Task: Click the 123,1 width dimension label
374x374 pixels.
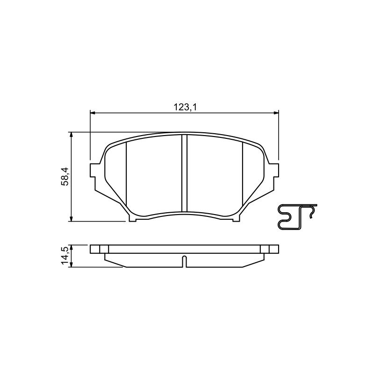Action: pos(185,108)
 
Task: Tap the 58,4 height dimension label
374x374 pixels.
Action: pos(65,176)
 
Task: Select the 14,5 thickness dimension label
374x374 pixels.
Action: pos(65,256)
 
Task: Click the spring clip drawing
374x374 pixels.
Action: pos(297,217)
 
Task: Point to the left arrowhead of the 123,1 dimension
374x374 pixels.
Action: pos(93,113)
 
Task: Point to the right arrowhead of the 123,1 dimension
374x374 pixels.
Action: pos(276,113)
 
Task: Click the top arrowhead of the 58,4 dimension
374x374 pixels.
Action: pos(71,135)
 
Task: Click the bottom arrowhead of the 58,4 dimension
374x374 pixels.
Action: pos(71,218)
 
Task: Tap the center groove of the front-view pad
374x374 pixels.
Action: pos(184,173)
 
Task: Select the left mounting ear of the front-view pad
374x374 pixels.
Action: pos(95,170)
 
